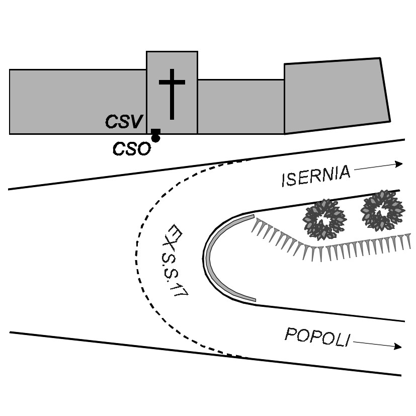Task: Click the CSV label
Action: coord(124,122)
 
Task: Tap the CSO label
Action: coord(132,148)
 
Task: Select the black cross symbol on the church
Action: coord(172,94)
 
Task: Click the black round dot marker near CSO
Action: coord(155,138)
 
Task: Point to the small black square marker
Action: coord(155,131)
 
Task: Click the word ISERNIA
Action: coord(316,176)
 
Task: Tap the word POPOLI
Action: coord(317,337)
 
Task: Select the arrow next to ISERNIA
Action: coord(378,167)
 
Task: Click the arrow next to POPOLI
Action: coord(378,345)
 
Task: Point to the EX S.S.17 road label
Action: coord(175,261)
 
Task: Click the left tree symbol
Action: coord(324,219)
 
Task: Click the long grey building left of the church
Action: coord(78,102)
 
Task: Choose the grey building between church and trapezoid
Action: coord(241,107)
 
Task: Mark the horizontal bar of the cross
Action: coord(172,82)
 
